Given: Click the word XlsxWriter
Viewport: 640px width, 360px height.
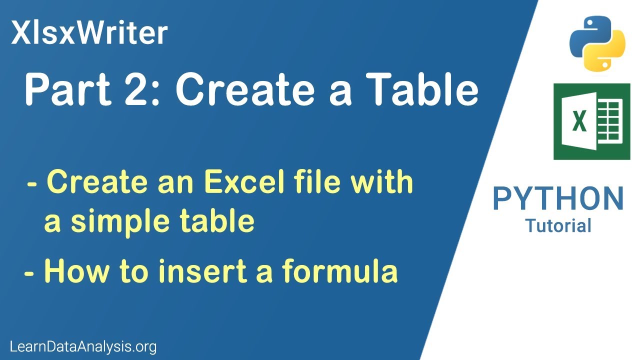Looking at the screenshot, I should pyautogui.click(x=89, y=33).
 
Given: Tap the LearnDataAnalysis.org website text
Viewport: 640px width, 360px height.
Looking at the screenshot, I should pyautogui.click(x=83, y=346).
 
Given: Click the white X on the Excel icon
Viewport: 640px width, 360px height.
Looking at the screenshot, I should pyautogui.click(x=579, y=122).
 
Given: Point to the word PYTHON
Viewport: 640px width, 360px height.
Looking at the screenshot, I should pyautogui.click(x=558, y=198).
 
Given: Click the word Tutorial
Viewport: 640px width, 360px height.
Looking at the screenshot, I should pyautogui.click(x=558, y=225).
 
